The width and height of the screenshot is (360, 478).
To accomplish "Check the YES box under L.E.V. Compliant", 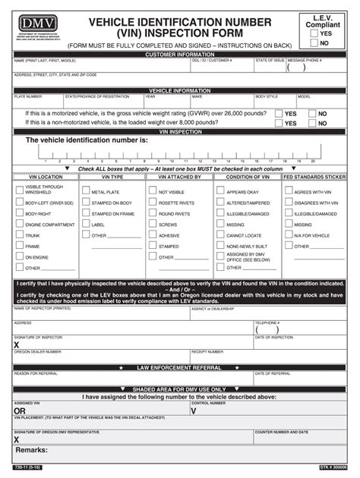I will [x=314, y=33].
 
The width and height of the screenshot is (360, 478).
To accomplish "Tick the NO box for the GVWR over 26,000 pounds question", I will [x=311, y=114].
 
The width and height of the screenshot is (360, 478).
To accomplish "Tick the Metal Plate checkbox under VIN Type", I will [x=85, y=193].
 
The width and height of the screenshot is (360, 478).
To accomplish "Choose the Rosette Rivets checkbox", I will [x=152, y=203].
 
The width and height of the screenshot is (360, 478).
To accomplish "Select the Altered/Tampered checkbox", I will [x=220, y=203].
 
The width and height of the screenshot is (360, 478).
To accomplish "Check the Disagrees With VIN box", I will [x=288, y=203].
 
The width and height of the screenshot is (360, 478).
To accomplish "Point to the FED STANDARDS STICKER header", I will [x=314, y=177].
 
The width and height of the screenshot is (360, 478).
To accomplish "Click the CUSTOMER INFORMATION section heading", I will [x=179, y=55].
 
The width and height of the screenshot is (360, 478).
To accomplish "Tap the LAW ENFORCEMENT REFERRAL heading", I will [x=179, y=367].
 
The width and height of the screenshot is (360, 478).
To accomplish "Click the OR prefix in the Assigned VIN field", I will [x=20, y=411].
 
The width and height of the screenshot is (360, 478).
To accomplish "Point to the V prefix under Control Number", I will [x=194, y=411].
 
